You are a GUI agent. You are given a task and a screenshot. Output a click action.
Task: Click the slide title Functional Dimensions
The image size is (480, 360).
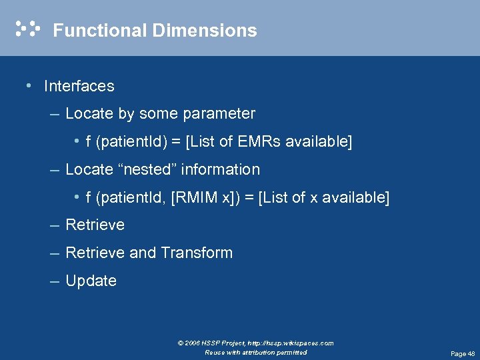tap(155, 31)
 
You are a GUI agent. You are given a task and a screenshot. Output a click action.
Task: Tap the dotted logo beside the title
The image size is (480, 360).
tap(27, 29)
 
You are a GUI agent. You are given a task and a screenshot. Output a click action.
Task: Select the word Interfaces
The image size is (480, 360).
tap(79, 86)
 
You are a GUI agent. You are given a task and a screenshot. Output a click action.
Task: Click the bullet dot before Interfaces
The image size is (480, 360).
tap(27, 86)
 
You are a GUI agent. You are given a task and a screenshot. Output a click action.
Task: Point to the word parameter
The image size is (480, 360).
tap(223, 114)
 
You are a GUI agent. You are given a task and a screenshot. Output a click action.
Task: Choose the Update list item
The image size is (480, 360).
tap(91, 281)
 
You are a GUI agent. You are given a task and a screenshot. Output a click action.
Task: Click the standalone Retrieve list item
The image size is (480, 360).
tap(95, 225)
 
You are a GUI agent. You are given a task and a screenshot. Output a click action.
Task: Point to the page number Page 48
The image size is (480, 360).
tap(463, 354)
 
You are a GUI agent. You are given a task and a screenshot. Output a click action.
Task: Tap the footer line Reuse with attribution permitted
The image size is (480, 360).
tap(256, 352)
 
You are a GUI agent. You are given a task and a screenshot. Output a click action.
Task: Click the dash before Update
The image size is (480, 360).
tap(55, 281)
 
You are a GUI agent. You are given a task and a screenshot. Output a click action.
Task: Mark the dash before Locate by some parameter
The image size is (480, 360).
tap(55, 114)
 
